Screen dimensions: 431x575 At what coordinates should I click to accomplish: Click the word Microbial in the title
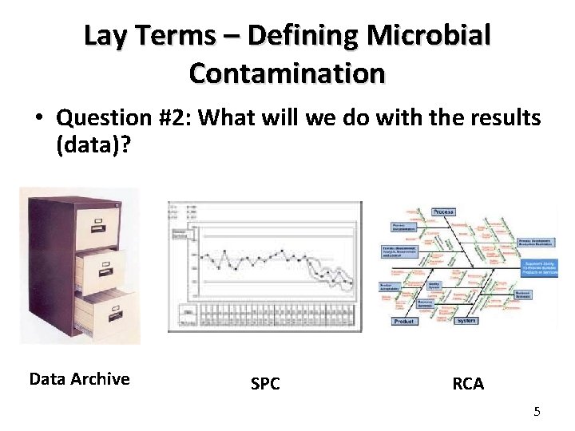click(433, 36)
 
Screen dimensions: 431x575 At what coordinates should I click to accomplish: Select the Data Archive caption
click(79, 378)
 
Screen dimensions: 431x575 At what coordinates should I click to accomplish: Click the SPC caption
click(265, 384)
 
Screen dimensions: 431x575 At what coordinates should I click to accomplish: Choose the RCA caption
click(468, 384)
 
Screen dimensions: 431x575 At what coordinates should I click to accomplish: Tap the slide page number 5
click(537, 411)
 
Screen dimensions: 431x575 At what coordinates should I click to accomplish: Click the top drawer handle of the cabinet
click(102, 220)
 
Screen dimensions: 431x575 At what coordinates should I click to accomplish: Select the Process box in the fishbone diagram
click(443, 212)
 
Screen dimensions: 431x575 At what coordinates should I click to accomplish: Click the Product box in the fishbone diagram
click(404, 321)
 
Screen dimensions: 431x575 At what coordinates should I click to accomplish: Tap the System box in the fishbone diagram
click(466, 320)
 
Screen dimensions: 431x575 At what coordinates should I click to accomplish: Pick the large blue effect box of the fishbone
click(540, 267)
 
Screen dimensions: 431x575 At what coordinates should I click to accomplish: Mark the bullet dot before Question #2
click(39, 119)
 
